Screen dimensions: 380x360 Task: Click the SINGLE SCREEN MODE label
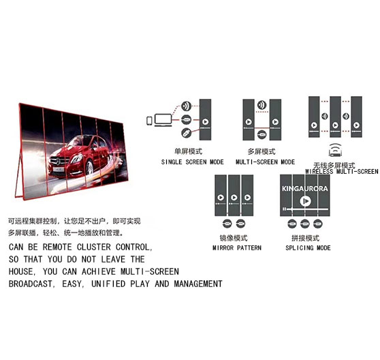click(193, 162)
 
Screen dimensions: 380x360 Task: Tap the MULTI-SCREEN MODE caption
click(266, 162)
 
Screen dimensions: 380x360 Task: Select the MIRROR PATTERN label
click(237, 248)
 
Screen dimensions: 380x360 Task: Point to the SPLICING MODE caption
click(308, 248)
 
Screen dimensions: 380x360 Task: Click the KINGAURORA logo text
click(305, 188)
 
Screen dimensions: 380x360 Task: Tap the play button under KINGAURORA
click(305, 201)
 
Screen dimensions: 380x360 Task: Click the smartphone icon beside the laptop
click(149, 121)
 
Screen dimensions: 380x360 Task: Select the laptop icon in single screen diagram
click(163, 120)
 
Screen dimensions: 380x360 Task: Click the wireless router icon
click(336, 150)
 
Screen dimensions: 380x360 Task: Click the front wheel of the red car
click(90, 168)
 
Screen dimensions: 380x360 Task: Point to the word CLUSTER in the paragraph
click(93, 247)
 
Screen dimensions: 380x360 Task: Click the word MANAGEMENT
click(198, 284)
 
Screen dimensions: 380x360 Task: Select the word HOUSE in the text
click(20, 271)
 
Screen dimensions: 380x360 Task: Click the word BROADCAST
click(30, 284)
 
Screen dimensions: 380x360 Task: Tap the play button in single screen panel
click(205, 122)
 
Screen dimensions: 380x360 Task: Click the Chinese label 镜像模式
click(234, 238)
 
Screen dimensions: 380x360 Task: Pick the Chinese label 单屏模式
click(188, 151)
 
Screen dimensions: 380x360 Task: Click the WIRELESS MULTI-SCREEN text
click(341, 172)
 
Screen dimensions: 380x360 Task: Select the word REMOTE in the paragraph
click(57, 247)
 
